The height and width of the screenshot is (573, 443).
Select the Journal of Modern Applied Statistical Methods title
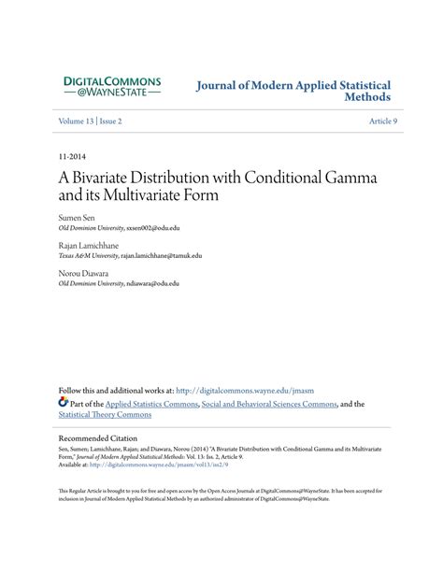tap(293, 91)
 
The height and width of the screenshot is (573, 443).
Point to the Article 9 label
tap(382, 122)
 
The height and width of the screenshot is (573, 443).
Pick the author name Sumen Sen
tap(76, 217)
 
